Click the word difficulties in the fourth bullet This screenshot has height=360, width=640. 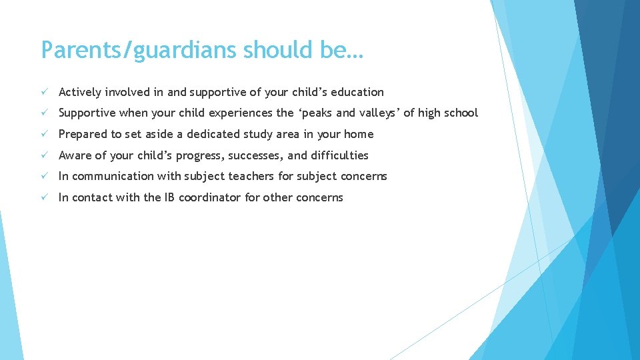pos(338,155)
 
